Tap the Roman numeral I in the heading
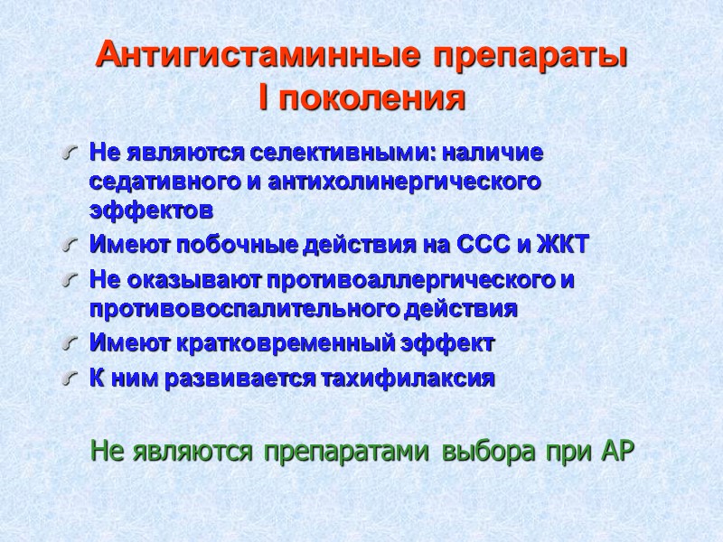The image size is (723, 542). click(x=263, y=98)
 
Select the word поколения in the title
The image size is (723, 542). click(x=371, y=98)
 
